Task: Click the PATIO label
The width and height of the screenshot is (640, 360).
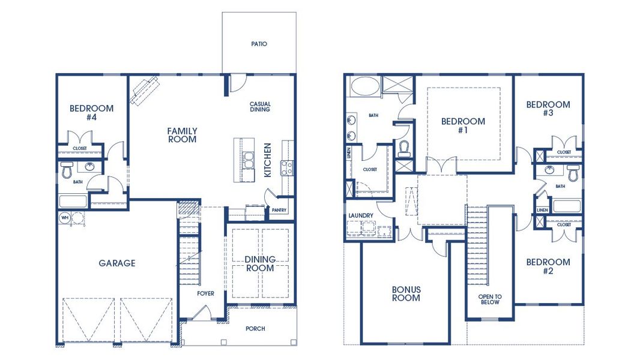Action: [259, 44]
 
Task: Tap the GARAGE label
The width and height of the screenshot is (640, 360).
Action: [117, 263]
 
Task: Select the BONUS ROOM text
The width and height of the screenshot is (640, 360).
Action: [406, 293]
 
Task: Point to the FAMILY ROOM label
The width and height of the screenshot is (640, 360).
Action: [182, 135]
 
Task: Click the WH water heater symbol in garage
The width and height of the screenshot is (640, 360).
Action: [64, 218]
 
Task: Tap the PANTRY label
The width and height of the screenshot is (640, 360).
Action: [279, 210]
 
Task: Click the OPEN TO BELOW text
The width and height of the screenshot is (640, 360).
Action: [490, 299]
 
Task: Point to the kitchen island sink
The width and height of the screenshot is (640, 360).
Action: [249, 161]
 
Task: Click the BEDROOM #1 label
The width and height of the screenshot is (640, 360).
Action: [463, 125]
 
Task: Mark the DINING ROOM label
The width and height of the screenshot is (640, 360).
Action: [260, 263]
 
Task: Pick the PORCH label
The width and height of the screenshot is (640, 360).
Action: [256, 329]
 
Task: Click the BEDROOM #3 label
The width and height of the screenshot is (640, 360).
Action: [548, 109]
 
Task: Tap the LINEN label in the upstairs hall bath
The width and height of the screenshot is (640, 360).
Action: [543, 210]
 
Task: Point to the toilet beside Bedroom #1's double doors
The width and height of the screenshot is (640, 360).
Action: [405, 148]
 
